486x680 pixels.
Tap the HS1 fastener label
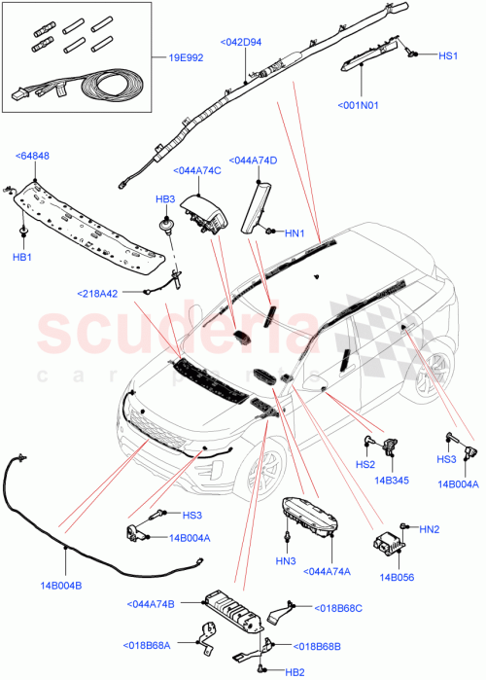(447, 56)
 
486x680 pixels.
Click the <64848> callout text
(34, 156)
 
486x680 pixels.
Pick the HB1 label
(21, 258)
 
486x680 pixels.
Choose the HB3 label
(165, 198)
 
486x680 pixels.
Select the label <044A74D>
(253, 161)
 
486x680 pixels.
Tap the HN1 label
(295, 233)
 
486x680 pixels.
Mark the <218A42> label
(100, 293)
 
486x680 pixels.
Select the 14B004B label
(61, 585)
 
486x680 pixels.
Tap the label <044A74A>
(328, 571)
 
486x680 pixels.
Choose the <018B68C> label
(337, 608)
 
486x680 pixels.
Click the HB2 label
(294, 671)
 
